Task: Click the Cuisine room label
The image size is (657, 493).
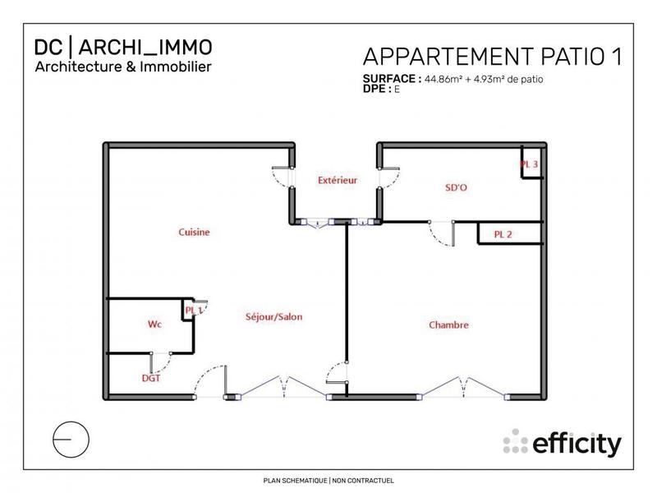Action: pyautogui.click(x=195, y=233)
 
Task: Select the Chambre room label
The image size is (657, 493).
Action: pyautogui.click(x=448, y=325)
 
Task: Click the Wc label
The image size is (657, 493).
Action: pyautogui.click(x=154, y=325)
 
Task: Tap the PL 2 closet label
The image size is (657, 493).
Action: pyautogui.click(x=503, y=234)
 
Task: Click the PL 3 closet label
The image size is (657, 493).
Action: pyautogui.click(x=530, y=164)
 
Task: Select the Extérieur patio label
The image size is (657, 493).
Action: pyautogui.click(x=337, y=179)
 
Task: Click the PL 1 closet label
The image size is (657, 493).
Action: pyautogui.click(x=194, y=310)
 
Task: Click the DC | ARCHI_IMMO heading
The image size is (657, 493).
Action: pyautogui.click(x=124, y=47)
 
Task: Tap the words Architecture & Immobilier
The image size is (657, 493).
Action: pyautogui.click(x=124, y=65)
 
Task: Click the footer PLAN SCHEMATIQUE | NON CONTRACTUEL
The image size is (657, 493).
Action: pyautogui.click(x=328, y=480)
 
